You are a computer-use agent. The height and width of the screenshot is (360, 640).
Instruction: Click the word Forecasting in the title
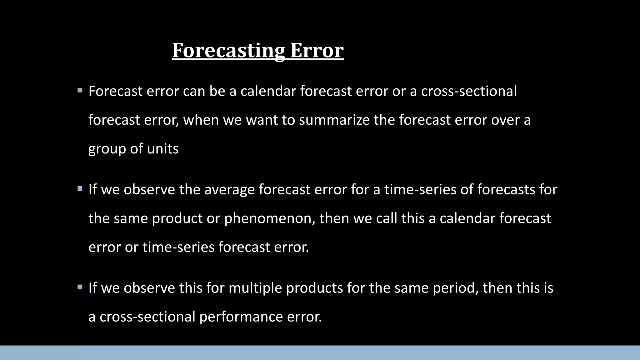pyautogui.click(x=228, y=50)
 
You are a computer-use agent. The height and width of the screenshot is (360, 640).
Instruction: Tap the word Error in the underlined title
pyautogui.click(x=317, y=50)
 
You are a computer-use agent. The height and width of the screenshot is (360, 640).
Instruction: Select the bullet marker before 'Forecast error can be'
pyautogui.click(x=80, y=91)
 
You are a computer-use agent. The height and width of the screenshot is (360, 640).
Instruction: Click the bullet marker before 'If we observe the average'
pyautogui.click(x=80, y=189)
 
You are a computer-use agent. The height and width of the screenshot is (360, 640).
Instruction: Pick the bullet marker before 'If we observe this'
pyautogui.click(x=80, y=287)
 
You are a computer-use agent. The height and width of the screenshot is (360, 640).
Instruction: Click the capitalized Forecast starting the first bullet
pyautogui.click(x=115, y=91)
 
